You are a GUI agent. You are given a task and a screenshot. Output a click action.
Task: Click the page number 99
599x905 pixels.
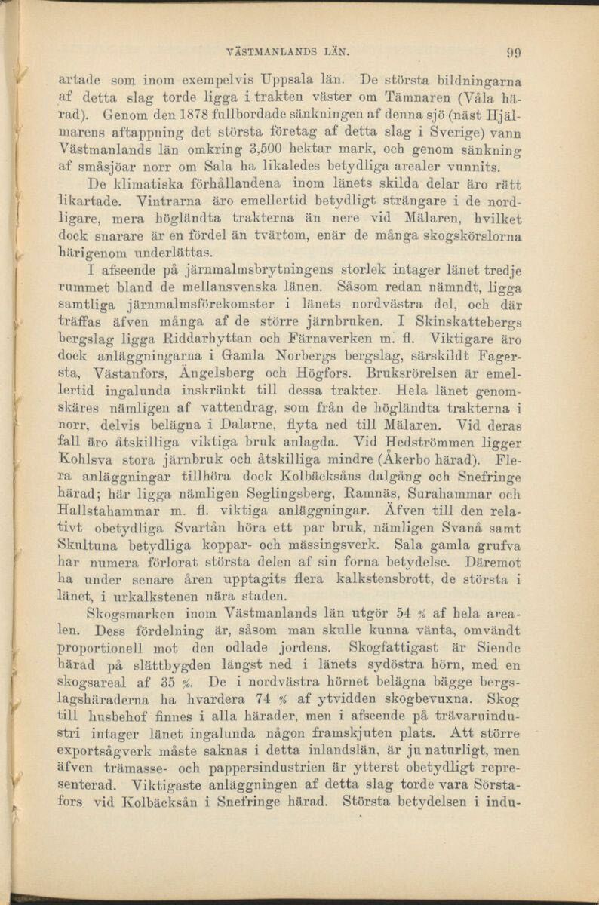(515, 52)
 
